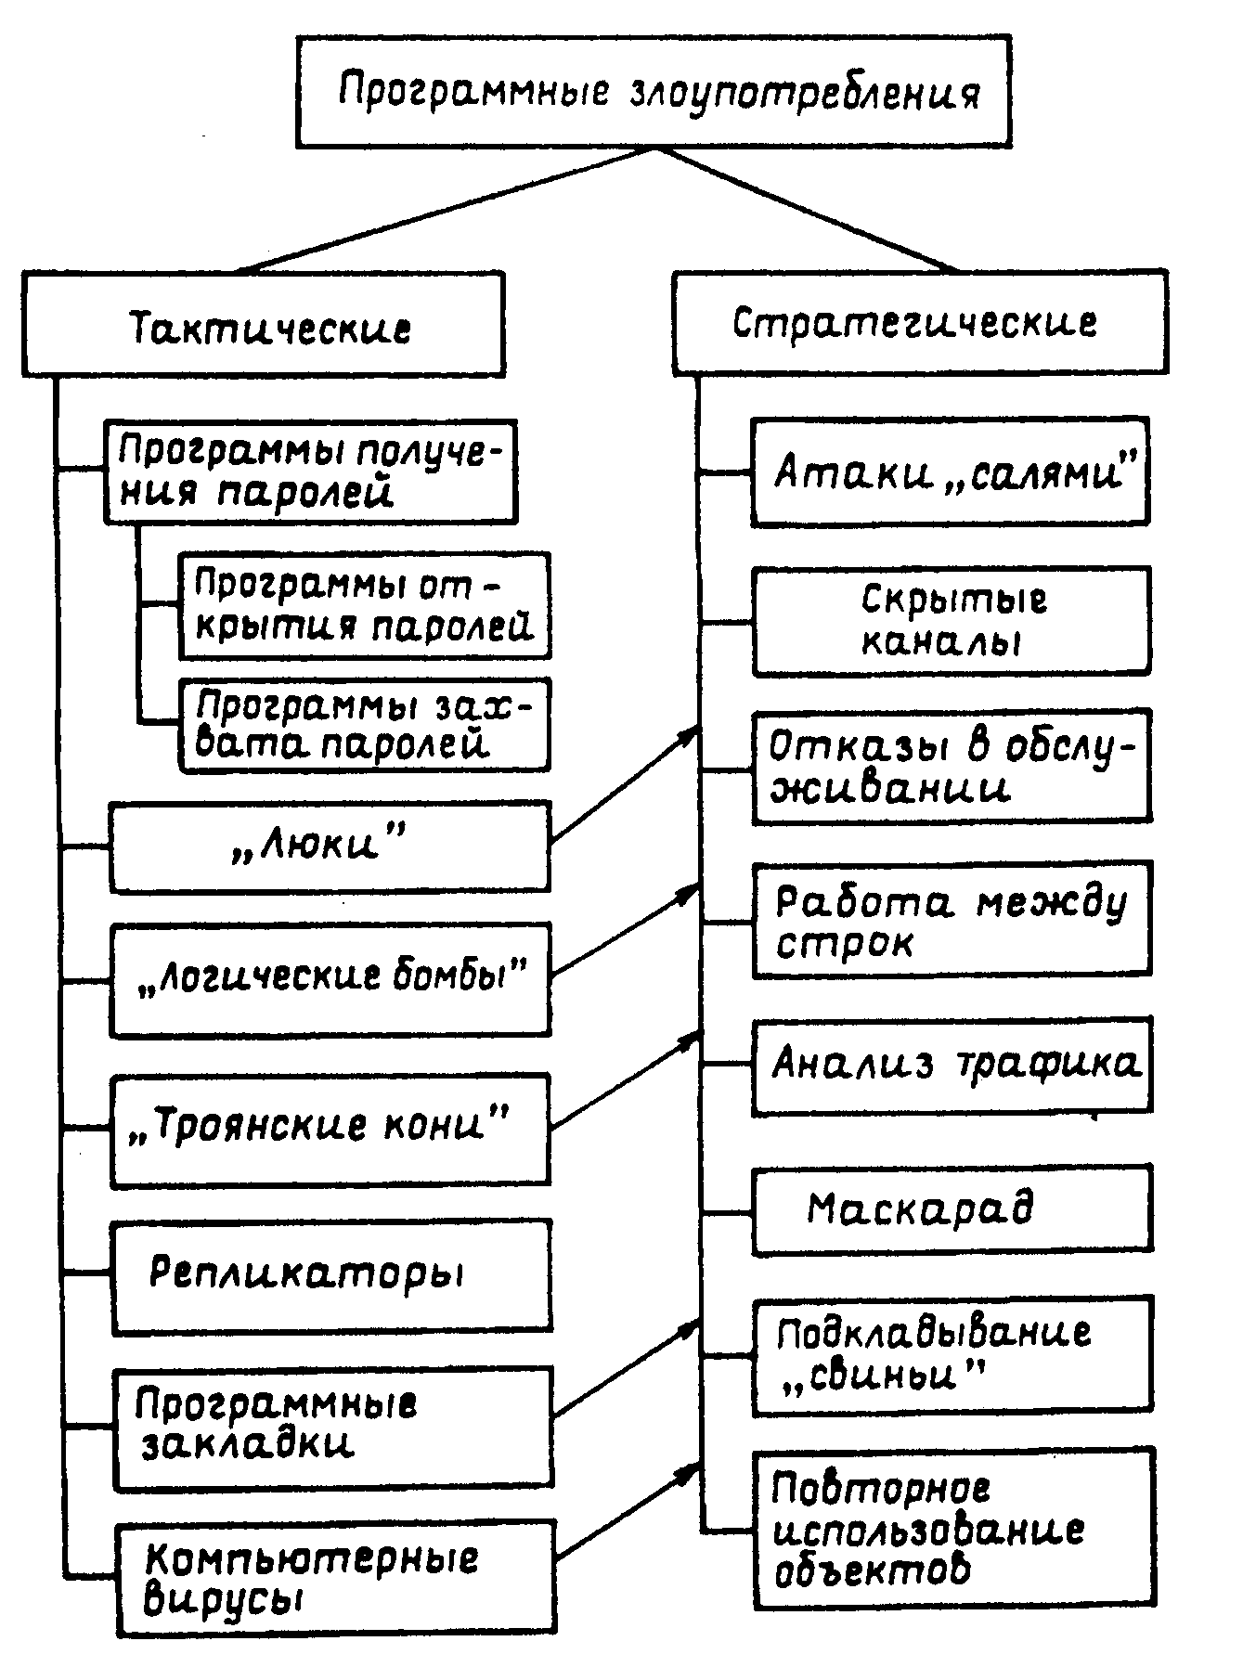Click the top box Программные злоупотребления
point(654,91)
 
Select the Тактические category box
point(264,325)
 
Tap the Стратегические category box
point(919,322)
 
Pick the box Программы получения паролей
point(310,471)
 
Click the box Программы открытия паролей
point(364,605)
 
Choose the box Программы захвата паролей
point(364,724)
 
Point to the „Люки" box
point(330,846)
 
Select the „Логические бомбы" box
point(330,978)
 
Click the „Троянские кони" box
point(330,1129)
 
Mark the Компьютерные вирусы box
point(335,1577)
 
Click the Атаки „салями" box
point(950,471)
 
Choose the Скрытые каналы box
point(952,620)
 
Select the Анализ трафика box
point(952,1065)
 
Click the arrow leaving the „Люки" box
point(624,786)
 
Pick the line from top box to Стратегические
point(808,210)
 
